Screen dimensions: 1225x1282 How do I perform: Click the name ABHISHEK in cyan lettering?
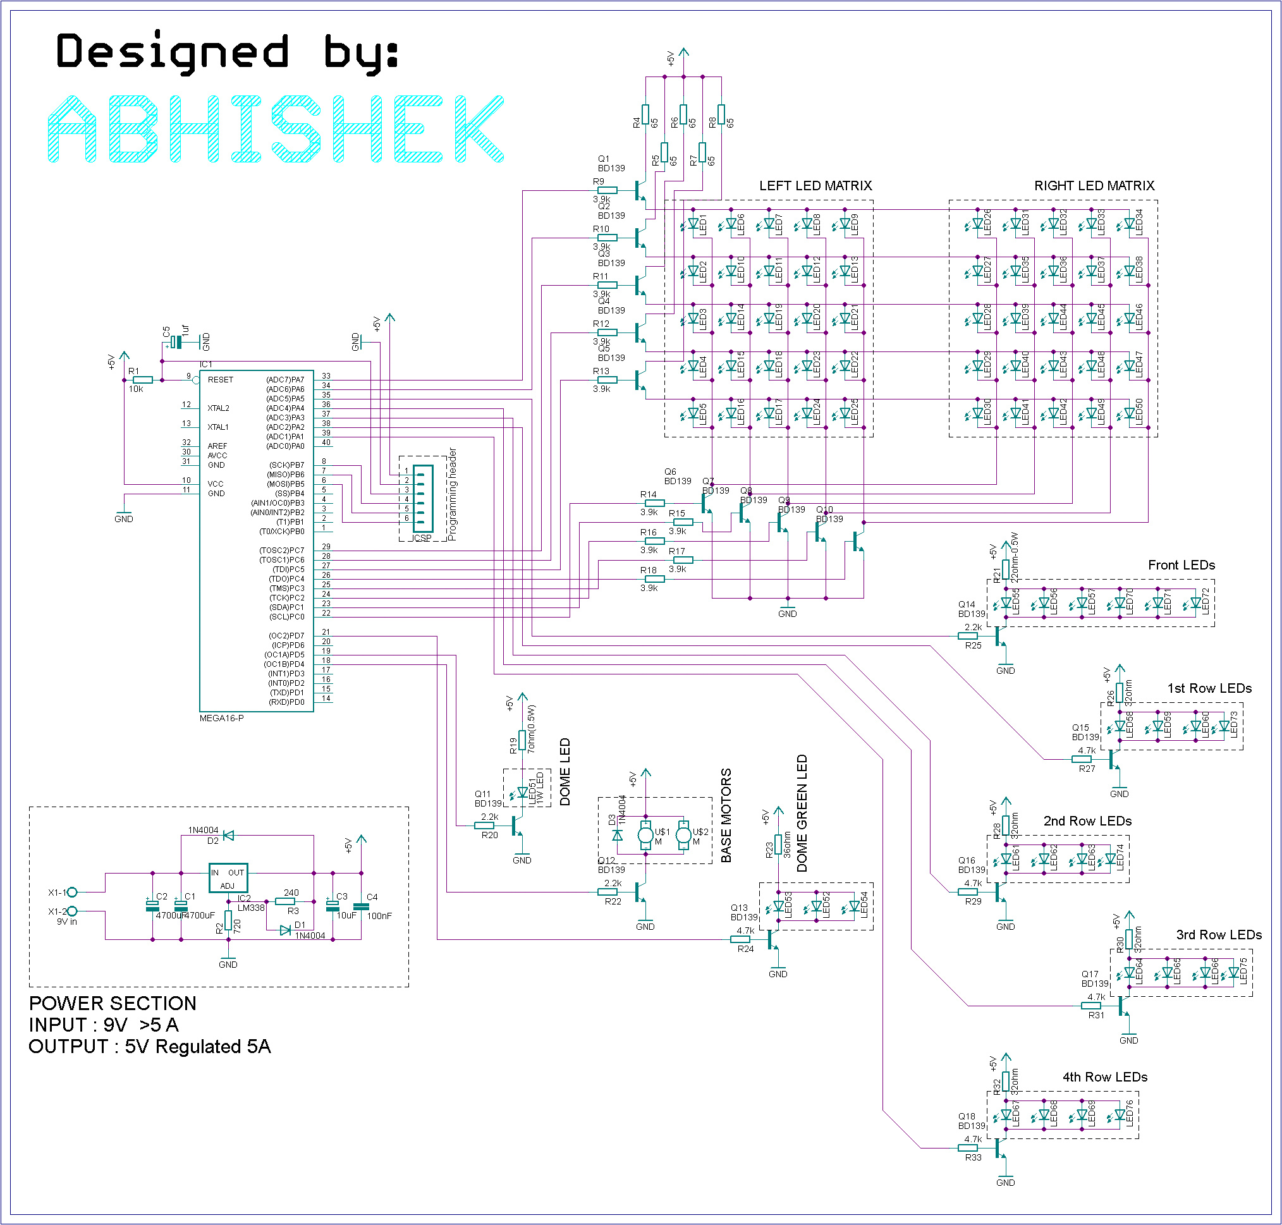pyautogui.click(x=276, y=129)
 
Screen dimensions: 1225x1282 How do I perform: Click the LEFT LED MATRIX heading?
pyautogui.click(x=815, y=186)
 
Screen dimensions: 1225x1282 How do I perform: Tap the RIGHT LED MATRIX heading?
pyautogui.click(x=1094, y=186)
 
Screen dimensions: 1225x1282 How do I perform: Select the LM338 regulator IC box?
pyautogui.click(x=228, y=877)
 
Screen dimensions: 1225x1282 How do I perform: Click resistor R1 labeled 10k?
pyautogui.click(x=142, y=380)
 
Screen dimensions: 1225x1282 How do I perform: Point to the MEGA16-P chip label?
pyautogui.click(x=221, y=718)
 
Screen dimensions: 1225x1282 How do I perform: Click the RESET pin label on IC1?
pyautogui.click(x=220, y=380)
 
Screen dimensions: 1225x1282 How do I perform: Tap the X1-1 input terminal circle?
pyautogui.click(x=73, y=892)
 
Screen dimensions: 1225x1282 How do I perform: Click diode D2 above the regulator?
pyautogui.click(x=229, y=835)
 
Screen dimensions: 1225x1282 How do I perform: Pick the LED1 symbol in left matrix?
pyautogui.click(x=693, y=224)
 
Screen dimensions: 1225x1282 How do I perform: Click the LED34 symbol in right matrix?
pyautogui.click(x=1129, y=224)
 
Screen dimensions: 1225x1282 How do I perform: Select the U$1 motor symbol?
pyautogui.click(x=645, y=834)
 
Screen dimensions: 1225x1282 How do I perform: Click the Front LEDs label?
pyautogui.click(x=1181, y=566)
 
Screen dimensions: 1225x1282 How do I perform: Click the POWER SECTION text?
pyautogui.click(x=113, y=1004)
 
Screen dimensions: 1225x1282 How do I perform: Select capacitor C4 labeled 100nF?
pyautogui.click(x=361, y=906)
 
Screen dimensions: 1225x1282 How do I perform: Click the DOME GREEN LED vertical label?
pyautogui.click(x=802, y=813)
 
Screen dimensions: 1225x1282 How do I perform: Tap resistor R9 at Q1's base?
pyautogui.click(x=607, y=191)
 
